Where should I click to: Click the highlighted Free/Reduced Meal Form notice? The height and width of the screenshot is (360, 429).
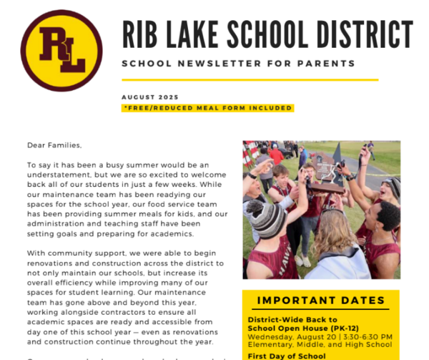tap(208, 108)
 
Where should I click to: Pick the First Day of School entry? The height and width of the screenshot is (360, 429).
tap(287, 356)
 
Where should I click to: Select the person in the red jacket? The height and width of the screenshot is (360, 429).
tap(276, 155)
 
